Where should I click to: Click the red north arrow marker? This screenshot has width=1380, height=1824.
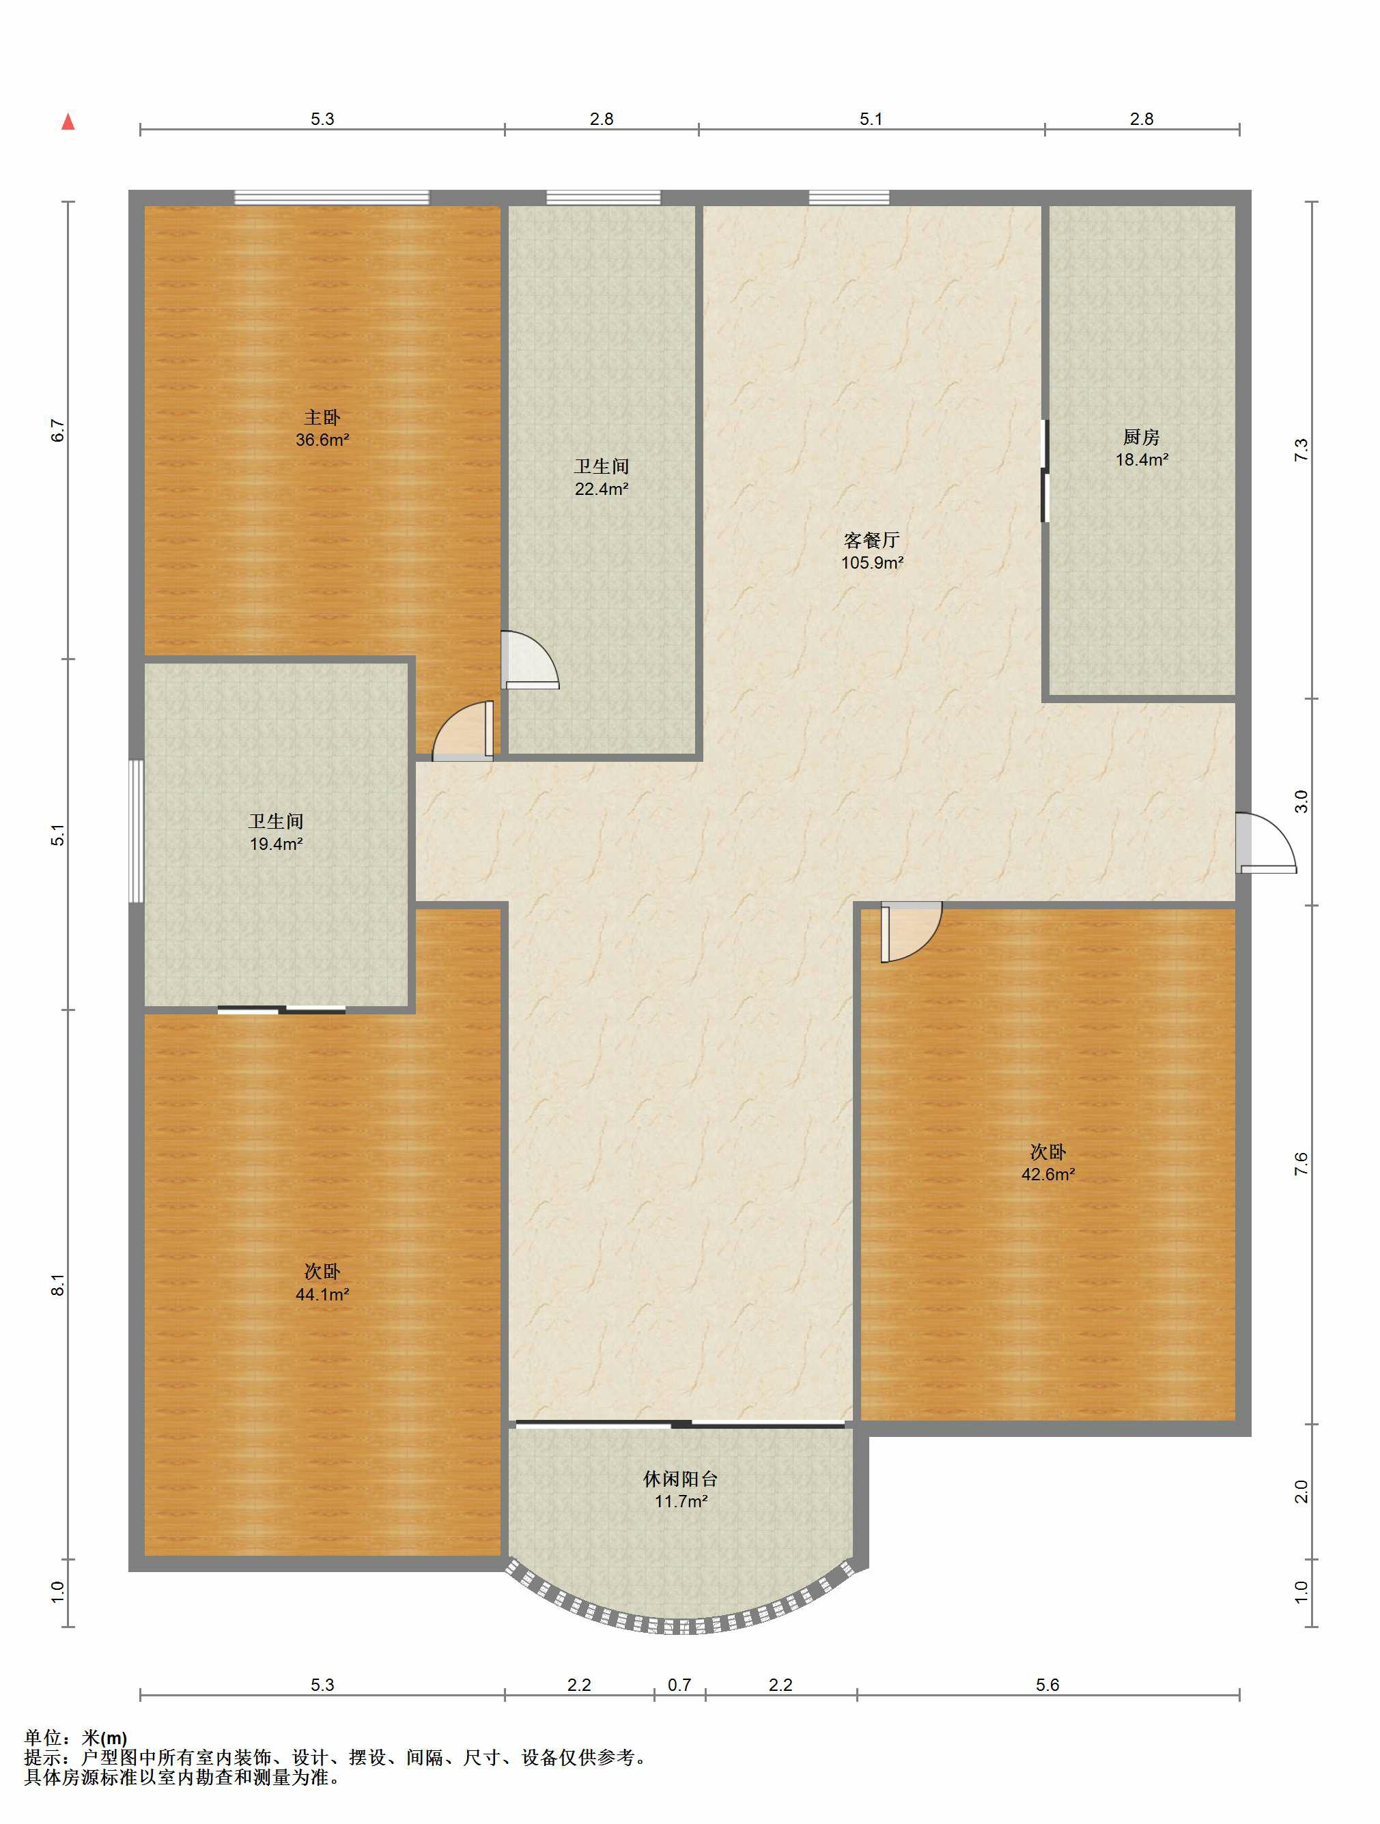pos(68,123)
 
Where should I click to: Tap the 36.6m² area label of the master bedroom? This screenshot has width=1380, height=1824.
pos(322,440)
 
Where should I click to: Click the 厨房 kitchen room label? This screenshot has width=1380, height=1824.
pos(1142,437)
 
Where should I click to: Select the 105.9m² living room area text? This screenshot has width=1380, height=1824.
pos(872,563)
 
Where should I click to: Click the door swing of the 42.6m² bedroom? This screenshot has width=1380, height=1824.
pos(910,932)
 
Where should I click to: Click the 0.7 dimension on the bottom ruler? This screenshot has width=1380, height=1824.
pos(679,1685)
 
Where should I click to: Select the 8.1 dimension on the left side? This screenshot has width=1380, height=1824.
pos(58,1285)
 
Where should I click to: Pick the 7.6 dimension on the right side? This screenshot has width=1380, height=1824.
pos(1301,1163)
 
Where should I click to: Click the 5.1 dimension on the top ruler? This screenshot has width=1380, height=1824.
pos(871,119)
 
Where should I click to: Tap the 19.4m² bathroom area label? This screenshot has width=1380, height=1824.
pos(277,844)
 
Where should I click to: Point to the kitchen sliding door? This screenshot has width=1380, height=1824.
pos(1044,471)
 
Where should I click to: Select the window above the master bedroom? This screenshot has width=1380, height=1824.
pos(332,197)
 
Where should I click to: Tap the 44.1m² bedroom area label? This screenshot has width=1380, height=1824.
pos(322,1294)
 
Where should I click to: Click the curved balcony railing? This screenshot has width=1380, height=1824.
pos(681,1625)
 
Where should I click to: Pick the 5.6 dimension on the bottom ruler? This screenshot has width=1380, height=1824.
pos(1047,1685)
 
